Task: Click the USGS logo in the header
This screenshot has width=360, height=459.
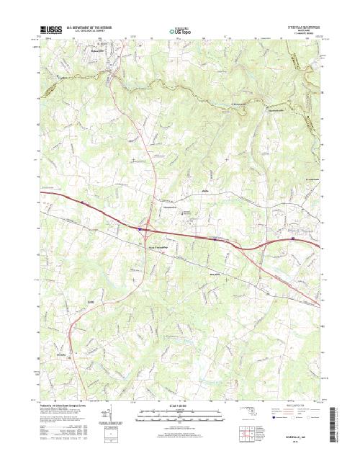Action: point(52,30)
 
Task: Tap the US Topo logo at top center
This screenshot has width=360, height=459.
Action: point(180,31)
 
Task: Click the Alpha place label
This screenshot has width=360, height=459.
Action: point(204,192)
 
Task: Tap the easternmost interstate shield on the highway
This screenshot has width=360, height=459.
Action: point(293,237)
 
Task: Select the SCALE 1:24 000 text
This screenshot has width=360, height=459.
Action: point(180,406)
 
